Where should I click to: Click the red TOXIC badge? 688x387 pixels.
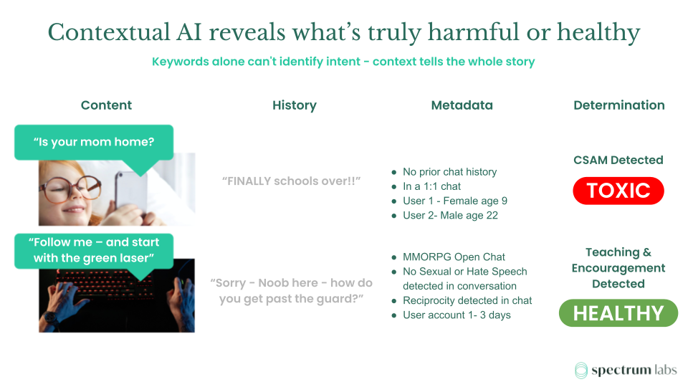(x=618, y=191)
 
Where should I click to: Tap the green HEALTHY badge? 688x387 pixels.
(x=618, y=313)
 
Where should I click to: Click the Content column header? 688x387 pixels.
(x=106, y=105)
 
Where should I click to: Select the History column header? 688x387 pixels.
(x=294, y=105)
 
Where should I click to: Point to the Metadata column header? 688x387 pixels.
(x=462, y=105)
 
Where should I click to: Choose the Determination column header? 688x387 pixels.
(x=618, y=105)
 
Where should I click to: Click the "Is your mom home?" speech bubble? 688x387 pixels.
(x=94, y=142)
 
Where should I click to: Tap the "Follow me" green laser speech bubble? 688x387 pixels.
(x=94, y=250)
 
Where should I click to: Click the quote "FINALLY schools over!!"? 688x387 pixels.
(x=292, y=181)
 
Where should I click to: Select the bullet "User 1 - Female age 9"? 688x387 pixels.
(x=454, y=201)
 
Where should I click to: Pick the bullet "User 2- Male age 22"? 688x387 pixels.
(x=450, y=215)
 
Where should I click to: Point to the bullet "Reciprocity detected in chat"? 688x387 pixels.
(x=467, y=300)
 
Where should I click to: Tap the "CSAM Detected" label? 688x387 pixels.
(x=618, y=160)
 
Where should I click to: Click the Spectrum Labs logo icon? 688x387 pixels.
(x=581, y=370)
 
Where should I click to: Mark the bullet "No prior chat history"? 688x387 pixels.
(x=449, y=172)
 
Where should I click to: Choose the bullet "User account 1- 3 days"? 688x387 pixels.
(x=457, y=315)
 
